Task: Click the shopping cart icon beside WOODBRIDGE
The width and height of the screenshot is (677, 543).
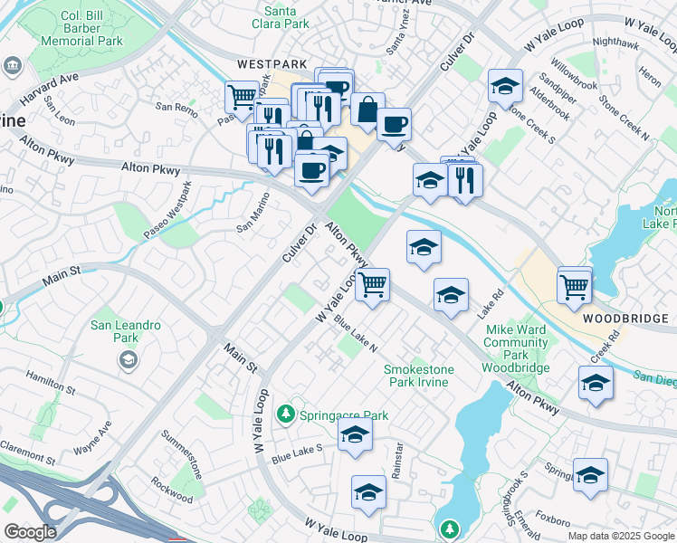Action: coord(575,286)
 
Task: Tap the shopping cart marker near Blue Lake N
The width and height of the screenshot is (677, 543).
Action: coord(372,285)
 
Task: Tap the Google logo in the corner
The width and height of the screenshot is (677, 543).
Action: coord(30,531)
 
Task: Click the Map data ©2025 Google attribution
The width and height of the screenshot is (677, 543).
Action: coord(620,536)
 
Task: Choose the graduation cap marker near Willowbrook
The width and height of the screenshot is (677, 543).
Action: coord(505,87)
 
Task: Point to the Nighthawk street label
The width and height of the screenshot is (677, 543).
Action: coord(615,42)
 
